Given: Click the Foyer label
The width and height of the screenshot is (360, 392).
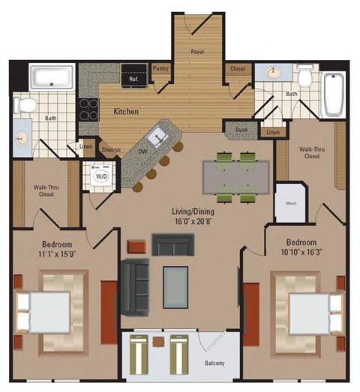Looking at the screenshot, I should tap(199, 53).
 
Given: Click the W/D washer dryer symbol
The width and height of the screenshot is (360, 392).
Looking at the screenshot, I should tap(100, 177).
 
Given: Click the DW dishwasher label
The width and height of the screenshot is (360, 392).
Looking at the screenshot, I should tap(142, 152).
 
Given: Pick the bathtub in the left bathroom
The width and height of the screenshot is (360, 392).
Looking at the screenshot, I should tap(51, 77).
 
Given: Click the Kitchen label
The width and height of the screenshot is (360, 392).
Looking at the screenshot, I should tap(127, 111).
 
